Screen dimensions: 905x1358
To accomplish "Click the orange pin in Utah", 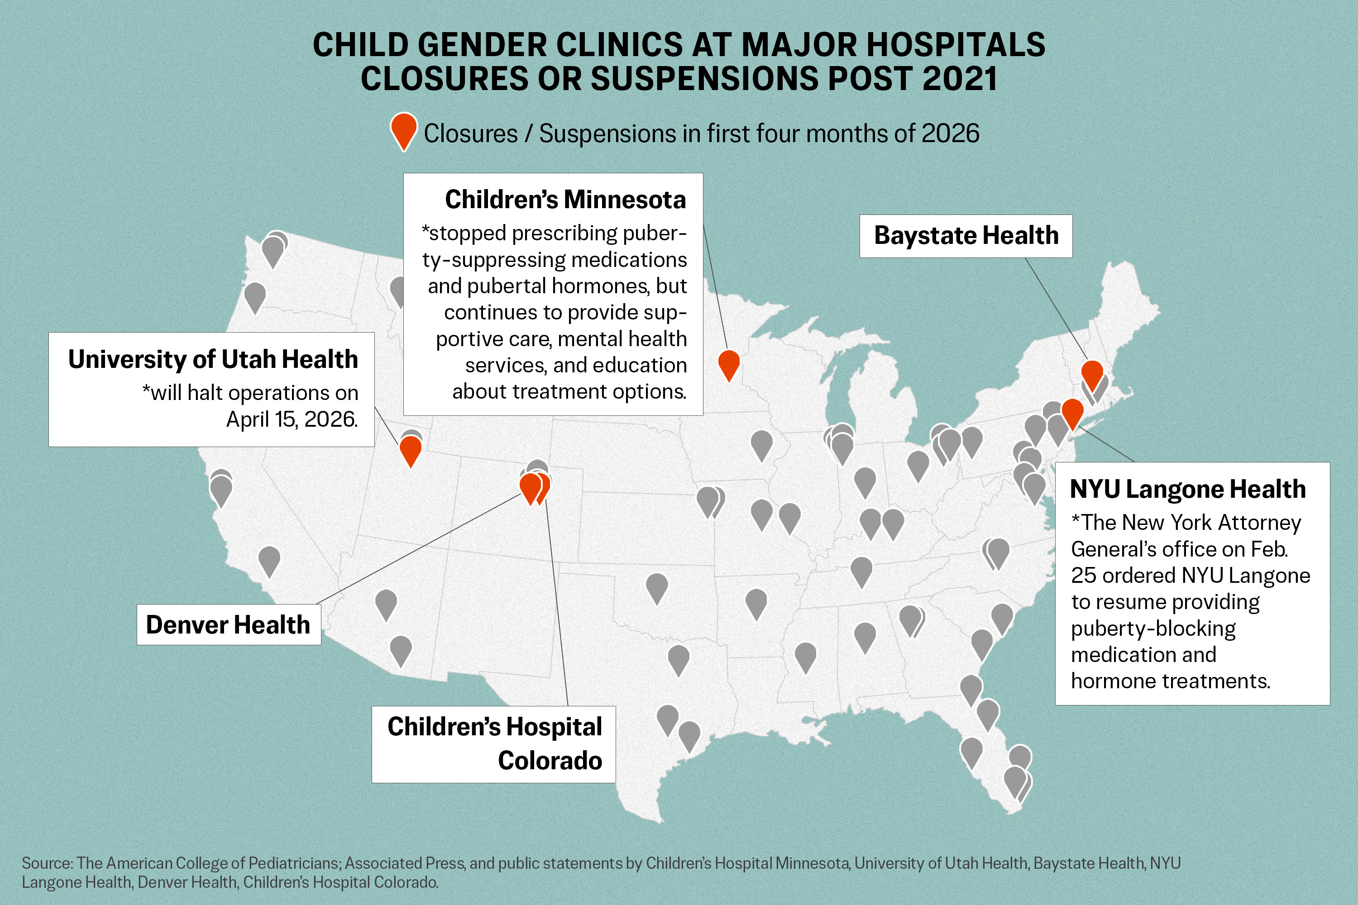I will pos(411,449).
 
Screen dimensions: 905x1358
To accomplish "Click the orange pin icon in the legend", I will pos(404,129).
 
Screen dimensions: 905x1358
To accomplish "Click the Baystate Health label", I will pos(966,236).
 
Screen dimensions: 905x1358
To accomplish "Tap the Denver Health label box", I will pos(229,624).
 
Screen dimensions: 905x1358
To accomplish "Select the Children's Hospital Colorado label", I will pos(494,743).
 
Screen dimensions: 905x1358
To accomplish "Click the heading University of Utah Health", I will pos(213,359).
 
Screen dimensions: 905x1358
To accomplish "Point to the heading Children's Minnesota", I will pos(565,200).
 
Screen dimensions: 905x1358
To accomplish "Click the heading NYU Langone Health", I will pos(1188,489).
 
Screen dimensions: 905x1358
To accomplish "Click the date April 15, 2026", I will pos(292,419).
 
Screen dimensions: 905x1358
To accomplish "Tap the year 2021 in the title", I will pos(960,79).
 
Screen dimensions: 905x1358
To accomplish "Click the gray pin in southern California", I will pos(269,560).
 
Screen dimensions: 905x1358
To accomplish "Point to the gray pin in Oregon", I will pos(254,295).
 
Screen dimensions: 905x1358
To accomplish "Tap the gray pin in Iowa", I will pos(761,444).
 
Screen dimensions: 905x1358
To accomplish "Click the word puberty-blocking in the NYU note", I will pos(1153,629).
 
